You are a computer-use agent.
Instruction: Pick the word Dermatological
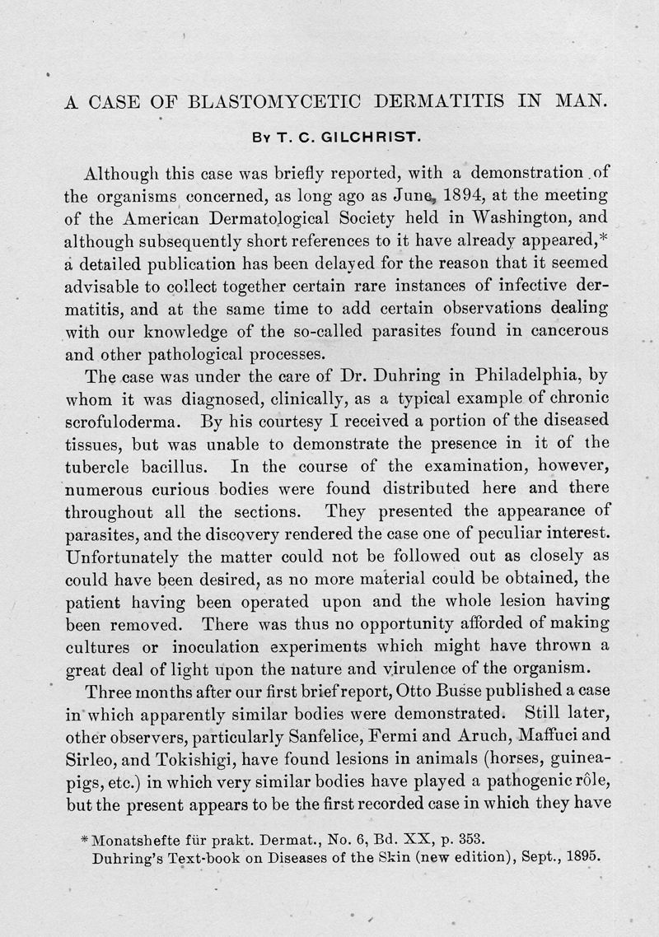255,220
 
